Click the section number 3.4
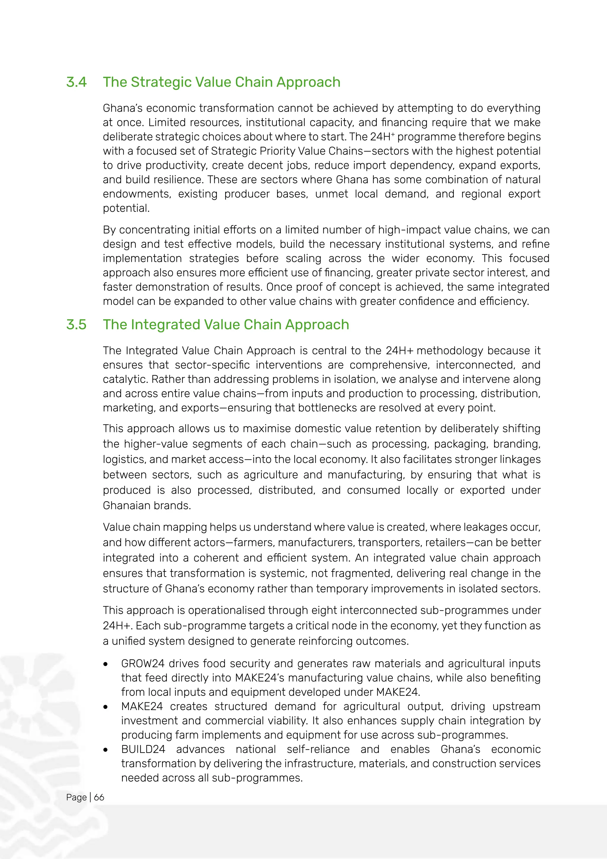pyautogui.click(x=76, y=82)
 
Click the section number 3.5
pyautogui.click(x=76, y=324)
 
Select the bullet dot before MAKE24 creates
pyautogui.click(x=106, y=707)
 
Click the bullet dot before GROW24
pyautogui.click(x=106, y=664)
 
